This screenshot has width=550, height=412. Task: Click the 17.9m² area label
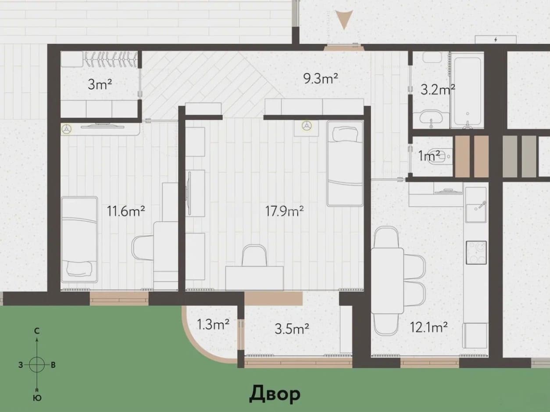point(284,211)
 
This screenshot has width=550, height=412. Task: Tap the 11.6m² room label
point(126,211)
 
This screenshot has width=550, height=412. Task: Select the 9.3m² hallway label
point(321,78)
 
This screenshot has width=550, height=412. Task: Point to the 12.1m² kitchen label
point(429,327)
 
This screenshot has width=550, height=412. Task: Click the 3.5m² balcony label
point(292,329)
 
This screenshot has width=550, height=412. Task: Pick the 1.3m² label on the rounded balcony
point(213,324)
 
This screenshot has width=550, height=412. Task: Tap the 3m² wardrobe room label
point(100,84)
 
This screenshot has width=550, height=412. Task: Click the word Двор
point(275,394)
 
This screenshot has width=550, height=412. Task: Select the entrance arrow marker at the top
point(344,19)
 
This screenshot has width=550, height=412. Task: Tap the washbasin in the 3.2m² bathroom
point(431,118)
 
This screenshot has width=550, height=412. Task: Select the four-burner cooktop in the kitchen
point(476,253)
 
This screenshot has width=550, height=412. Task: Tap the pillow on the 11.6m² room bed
point(79,269)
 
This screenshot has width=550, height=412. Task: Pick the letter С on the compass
point(37,331)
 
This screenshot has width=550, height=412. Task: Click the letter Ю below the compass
point(37,398)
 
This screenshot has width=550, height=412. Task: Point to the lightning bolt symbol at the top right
point(496,39)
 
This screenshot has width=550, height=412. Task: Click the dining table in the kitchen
point(387,281)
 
